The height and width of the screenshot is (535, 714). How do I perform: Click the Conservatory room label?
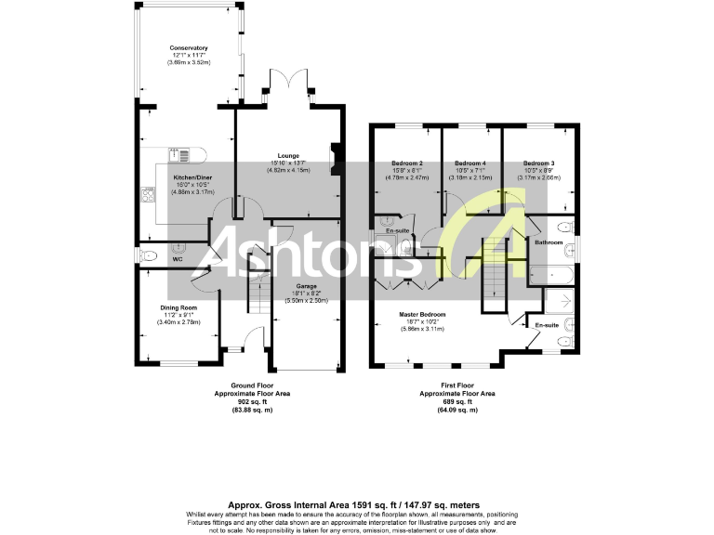(x=188, y=47)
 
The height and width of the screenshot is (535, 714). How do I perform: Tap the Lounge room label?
(x=287, y=156)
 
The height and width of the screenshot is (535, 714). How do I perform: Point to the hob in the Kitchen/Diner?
(x=147, y=194)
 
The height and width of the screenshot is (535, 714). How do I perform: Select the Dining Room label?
(x=177, y=307)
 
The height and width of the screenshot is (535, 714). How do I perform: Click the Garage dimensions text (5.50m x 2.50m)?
(x=307, y=300)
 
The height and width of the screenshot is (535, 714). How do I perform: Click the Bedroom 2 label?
(x=407, y=163)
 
